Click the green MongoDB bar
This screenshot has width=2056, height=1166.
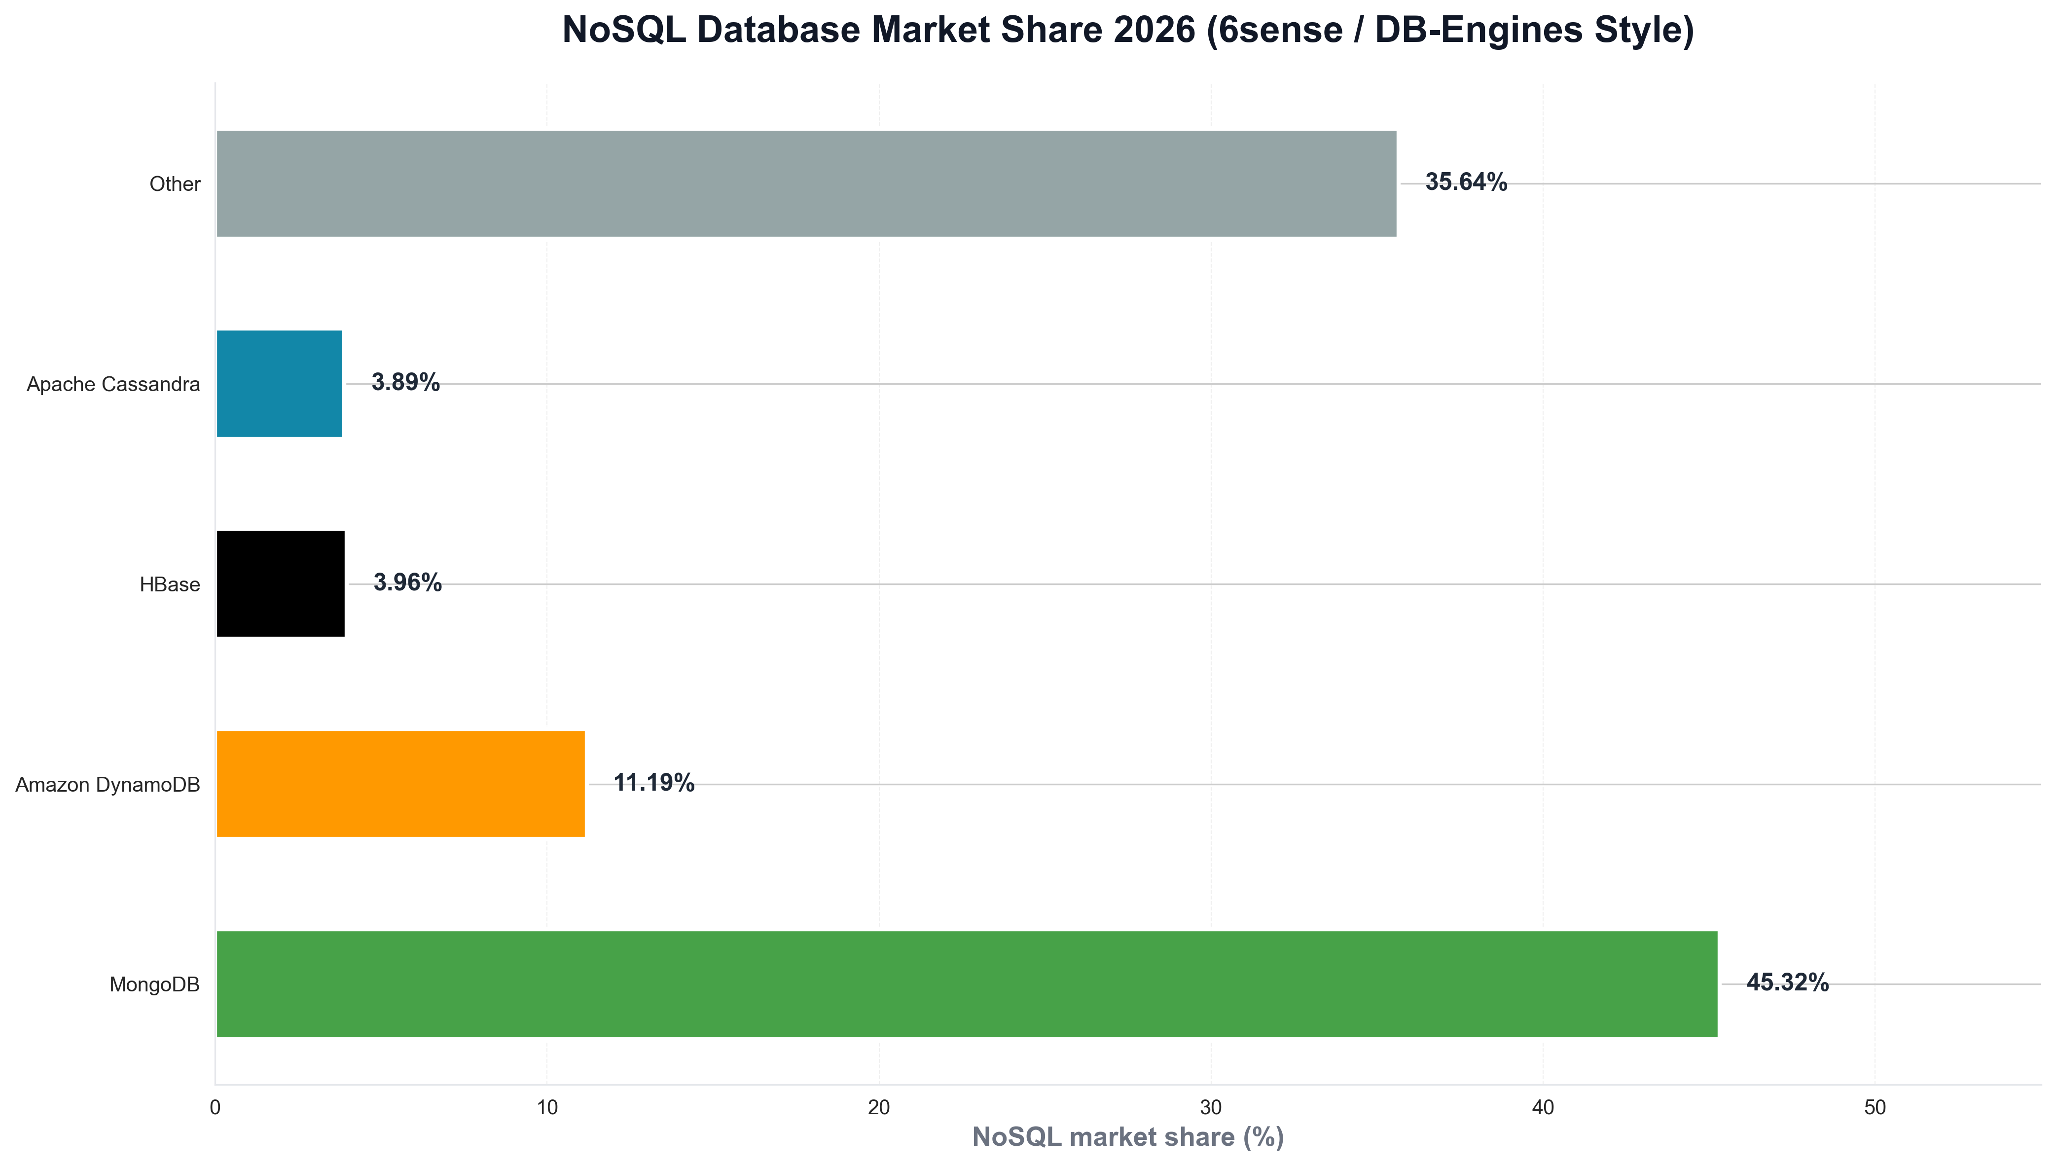click(966, 984)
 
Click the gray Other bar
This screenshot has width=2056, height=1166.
click(806, 183)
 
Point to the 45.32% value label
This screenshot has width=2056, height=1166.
click(1787, 983)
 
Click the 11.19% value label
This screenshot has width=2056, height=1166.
click(653, 782)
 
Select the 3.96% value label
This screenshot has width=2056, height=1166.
click(407, 582)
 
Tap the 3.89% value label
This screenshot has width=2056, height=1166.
click(405, 382)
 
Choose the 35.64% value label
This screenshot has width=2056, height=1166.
click(1466, 182)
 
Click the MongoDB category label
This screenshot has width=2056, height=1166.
click(154, 984)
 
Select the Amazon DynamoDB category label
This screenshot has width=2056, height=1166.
click(108, 785)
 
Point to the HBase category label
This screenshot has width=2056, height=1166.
click(170, 584)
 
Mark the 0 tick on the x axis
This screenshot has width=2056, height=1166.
click(216, 1107)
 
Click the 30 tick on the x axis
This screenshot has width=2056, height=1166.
click(1211, 1107)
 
